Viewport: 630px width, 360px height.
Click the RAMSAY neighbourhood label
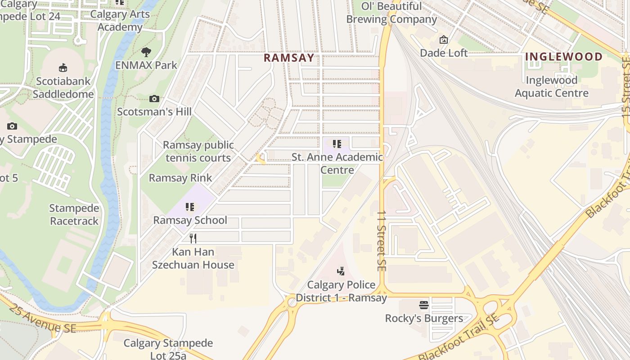288,58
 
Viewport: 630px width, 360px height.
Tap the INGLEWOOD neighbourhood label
563,57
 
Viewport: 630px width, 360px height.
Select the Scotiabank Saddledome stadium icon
63,68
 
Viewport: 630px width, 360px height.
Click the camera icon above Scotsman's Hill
154,99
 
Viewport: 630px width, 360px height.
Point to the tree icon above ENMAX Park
146,52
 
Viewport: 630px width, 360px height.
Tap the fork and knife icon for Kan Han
193,238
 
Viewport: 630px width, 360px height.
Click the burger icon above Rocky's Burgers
424,305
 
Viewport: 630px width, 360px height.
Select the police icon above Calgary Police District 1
341,271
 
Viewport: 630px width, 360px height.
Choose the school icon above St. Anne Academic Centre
337,144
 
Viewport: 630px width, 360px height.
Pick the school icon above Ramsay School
190,207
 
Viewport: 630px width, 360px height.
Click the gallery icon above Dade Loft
444,40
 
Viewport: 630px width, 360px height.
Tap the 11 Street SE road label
381,241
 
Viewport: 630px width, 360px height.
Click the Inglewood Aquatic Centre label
551,87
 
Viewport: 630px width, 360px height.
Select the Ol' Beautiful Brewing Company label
391,13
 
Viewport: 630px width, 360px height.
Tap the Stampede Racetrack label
74,215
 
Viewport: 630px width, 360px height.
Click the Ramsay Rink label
180,178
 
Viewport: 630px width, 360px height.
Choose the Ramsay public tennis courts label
198,151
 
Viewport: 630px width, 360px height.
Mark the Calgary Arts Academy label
120,21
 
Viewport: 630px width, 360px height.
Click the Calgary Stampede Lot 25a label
168,349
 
